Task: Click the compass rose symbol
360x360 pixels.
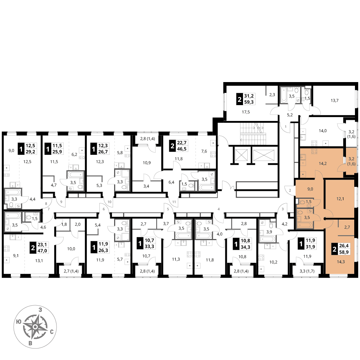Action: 35,327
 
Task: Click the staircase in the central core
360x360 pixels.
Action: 252,134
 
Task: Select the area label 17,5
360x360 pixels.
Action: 246,112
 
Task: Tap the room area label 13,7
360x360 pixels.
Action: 334,100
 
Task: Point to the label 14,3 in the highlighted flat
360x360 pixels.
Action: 341,262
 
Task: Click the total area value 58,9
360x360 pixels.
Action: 344,252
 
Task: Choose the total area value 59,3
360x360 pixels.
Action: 249,102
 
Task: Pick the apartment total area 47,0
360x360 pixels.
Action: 42,251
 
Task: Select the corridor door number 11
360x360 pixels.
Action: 174,202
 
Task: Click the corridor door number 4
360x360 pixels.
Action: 219,209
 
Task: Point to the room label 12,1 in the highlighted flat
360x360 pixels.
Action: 340,199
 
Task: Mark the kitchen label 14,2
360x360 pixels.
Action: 323,163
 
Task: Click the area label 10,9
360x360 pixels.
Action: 147,163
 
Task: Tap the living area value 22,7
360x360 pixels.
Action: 181,143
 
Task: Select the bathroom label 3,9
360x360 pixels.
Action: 269,232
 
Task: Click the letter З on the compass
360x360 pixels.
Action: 40,310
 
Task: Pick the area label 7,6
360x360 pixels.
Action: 204,151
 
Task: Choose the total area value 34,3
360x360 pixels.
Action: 246,247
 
